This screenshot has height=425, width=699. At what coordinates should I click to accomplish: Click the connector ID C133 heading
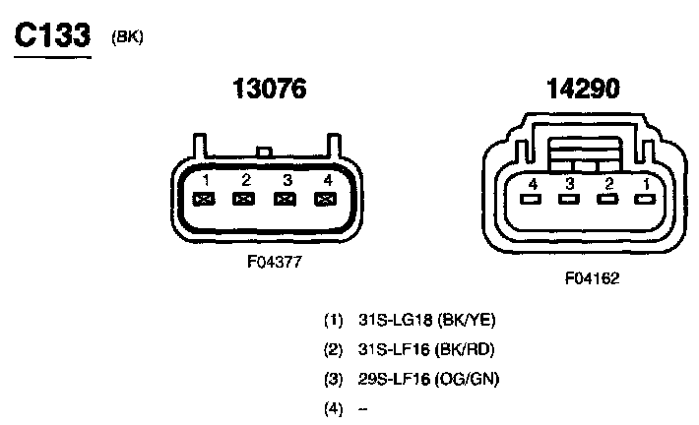tap(52, 35)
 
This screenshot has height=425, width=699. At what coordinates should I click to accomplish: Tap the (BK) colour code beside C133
tap(127, 37)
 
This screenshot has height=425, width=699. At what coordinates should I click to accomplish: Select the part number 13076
tap(270, 89)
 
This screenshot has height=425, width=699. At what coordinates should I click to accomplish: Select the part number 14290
tap(583, 89)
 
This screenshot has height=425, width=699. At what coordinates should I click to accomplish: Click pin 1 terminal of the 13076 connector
tap(204, 199)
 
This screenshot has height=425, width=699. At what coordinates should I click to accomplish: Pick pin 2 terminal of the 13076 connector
tap(244, 199)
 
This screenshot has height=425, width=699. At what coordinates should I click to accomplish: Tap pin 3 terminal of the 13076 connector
tap(285, 199)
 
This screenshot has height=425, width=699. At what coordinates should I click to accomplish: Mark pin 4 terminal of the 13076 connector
tap(326, 199)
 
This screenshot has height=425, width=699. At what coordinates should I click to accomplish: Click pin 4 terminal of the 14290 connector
tap(531, 199)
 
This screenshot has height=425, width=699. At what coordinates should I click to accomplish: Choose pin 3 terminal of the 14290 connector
tap(569, 199)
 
